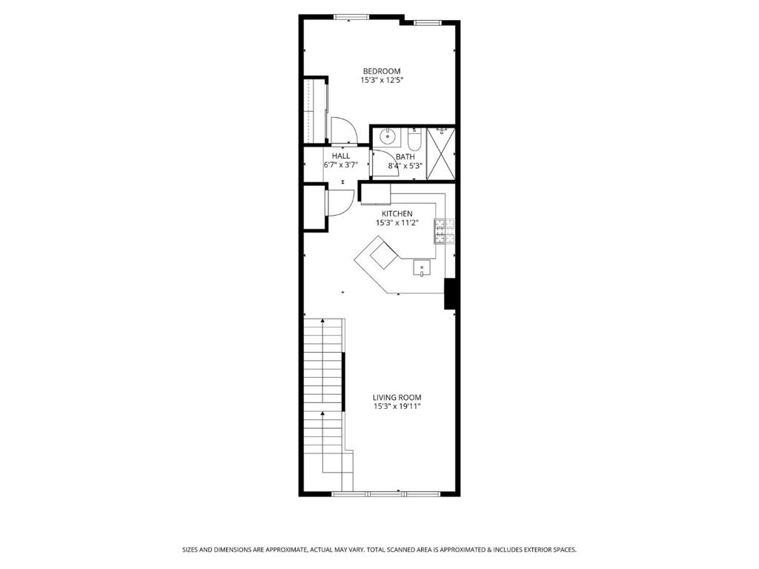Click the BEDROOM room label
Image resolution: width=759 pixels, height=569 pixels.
point(382,71)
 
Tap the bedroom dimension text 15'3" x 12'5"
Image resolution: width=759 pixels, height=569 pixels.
point(382,80)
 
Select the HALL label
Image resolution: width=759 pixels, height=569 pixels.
point(341,156)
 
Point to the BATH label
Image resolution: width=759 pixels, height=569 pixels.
point(405,157)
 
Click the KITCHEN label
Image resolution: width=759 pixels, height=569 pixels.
point(397,214)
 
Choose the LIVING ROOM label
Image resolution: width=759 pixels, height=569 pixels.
point(397,398)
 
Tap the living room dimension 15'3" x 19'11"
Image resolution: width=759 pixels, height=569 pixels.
point(397,407)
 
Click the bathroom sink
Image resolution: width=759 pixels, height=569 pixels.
point(387,137)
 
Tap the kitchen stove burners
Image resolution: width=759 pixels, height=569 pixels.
point(445,231)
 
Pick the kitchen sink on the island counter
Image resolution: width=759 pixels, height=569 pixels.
point(422,267)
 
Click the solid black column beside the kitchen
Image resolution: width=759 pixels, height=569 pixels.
point(450,293)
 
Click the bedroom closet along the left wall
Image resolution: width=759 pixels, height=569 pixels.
point(314,111)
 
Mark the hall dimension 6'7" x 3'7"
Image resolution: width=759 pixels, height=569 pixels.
point(341,165)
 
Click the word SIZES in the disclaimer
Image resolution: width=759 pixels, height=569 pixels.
point(190,550)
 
